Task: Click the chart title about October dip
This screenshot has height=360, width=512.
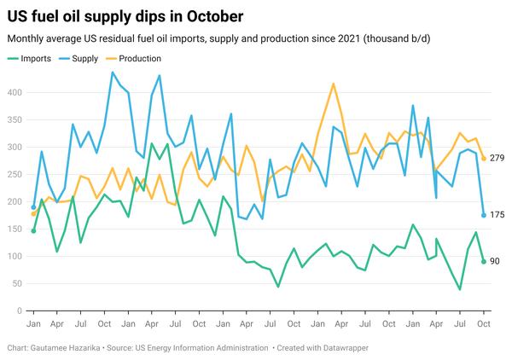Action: coord(125,16)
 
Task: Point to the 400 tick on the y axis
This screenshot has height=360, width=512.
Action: coord(15,92)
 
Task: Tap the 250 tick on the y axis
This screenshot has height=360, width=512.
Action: coord(15,174)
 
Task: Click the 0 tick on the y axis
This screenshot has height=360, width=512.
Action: coord(20,311)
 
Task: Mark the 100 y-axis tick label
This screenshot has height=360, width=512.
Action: coord(15,257)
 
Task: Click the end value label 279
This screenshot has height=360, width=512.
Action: coord(497,159)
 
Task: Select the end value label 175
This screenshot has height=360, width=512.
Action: coord(497,215)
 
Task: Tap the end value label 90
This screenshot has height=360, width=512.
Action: coord(494,262)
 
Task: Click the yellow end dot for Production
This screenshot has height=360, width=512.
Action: coord(484,159)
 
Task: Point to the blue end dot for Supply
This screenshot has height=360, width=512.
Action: coord(484,215)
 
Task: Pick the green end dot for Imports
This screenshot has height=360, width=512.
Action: coord(484,262)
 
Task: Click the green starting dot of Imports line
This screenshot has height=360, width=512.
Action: coord(33,231)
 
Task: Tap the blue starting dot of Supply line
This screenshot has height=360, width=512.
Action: coord(33,207)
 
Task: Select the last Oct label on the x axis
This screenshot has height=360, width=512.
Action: coord(484,325)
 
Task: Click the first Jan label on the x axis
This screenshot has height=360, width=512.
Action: coord(33,325)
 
